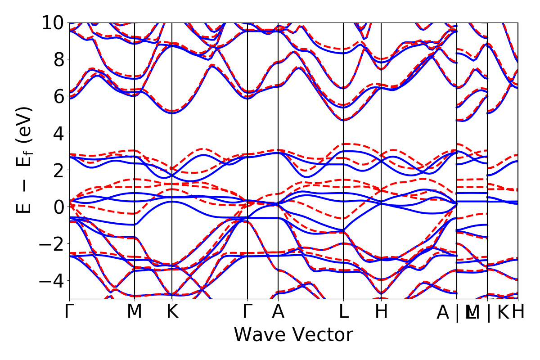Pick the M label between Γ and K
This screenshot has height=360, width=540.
[135, 312]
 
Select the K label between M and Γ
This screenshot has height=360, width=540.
[172, 312]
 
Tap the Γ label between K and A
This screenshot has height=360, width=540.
[247, 312]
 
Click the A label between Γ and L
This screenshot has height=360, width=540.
[278, 312]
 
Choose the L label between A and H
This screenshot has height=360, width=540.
[344, 312]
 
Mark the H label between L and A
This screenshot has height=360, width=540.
[382, 312]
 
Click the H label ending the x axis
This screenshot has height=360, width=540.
[518, 312]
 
